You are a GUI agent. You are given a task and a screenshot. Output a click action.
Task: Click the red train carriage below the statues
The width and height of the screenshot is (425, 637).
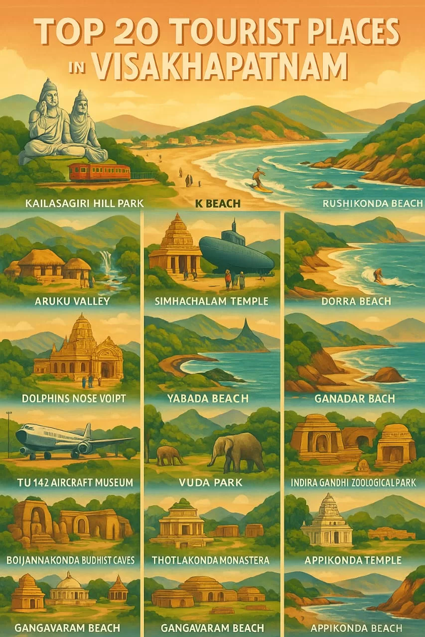tap(100, 172)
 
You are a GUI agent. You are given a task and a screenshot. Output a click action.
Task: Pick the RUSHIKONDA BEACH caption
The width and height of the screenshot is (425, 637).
tap(373, 203)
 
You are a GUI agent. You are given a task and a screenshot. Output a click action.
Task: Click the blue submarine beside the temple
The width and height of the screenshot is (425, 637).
tap(235, 252)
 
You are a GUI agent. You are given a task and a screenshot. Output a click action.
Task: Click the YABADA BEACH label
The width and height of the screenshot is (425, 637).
tap(212, 398)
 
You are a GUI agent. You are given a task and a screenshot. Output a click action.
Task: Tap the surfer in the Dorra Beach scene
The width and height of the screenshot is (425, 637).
tap(379, 275)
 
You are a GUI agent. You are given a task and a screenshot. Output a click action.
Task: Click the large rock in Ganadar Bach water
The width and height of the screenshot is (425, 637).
tap(384, 375)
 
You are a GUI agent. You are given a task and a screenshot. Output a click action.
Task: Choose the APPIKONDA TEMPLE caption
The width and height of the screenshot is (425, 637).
tap(353, 560)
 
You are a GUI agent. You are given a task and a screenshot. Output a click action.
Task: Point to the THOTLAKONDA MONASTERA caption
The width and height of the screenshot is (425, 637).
tap(212, 560)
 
